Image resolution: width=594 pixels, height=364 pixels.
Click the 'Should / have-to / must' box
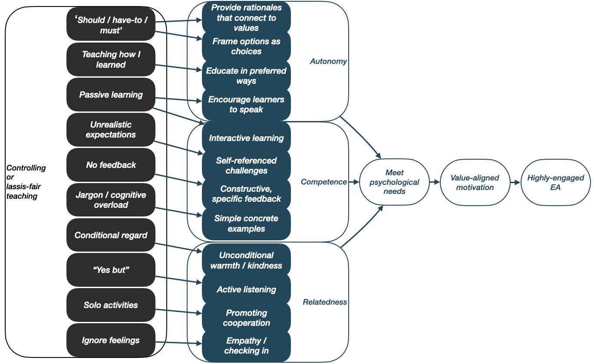point(111,25)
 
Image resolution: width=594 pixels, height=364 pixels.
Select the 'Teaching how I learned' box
point(111,59)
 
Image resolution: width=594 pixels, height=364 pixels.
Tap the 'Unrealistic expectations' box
point(111,130)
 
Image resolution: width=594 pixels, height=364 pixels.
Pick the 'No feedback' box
point(111,165)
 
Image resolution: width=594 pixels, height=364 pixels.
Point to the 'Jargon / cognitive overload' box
point(111,200)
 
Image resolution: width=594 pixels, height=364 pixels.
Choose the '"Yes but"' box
point(111,270)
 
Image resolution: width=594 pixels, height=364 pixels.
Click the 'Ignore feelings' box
point(111,340)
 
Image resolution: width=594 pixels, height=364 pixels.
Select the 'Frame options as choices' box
point(246,46)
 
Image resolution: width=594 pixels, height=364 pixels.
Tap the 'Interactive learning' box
point(246,138)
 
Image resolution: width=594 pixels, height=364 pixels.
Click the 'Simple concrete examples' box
point(246,223)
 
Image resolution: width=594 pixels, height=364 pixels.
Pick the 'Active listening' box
point(246,289)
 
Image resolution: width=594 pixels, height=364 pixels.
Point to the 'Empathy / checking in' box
point(246,346)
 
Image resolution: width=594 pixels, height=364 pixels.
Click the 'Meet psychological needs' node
point(394,182)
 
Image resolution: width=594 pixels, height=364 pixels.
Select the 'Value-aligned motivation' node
point(475,183)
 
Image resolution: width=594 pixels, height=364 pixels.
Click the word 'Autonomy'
point(328,62)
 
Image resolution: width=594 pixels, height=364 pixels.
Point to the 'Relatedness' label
point(325,302)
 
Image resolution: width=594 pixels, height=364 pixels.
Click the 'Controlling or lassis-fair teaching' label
point(26,182)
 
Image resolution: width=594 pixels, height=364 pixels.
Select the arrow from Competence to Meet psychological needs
point(354,182)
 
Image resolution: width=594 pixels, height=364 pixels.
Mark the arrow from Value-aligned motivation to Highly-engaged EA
point(515,183)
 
